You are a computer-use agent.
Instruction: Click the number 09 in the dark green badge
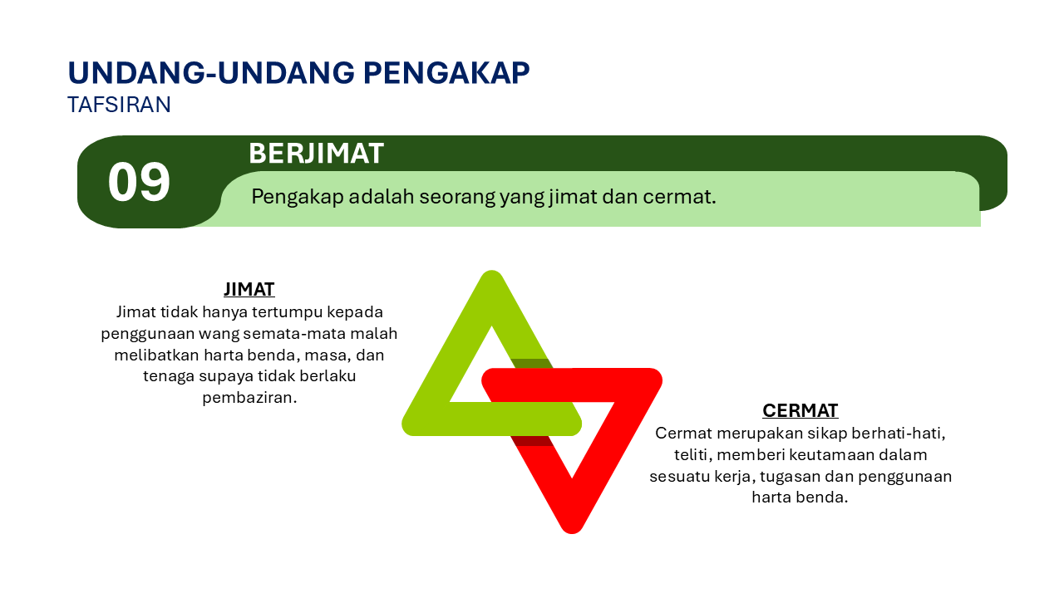point(139,183)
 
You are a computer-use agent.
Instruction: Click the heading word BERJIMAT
point(316,154)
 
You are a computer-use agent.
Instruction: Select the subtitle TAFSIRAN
point(119,105)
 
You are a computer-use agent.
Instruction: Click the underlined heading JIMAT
point(249,289)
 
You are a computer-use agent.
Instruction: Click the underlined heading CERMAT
point(800,410)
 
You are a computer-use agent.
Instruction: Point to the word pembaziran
point(249,398)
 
